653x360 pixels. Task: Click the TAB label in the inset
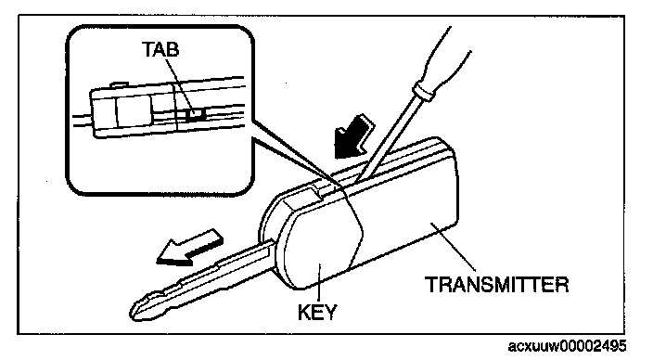(160, 49)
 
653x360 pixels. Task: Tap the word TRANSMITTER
(497, 285)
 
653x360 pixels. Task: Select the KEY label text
(317, 312)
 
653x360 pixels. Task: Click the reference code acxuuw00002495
(568, 346)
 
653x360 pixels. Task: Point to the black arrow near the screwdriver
(353, 136)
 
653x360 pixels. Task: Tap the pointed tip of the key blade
(133, 312)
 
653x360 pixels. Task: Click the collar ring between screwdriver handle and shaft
(423, 93)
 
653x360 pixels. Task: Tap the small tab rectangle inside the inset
(195, 114)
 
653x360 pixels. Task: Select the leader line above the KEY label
(318, 282)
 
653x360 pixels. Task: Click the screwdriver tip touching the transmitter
(357, 179)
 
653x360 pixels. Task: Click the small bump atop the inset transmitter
(119, 84)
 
